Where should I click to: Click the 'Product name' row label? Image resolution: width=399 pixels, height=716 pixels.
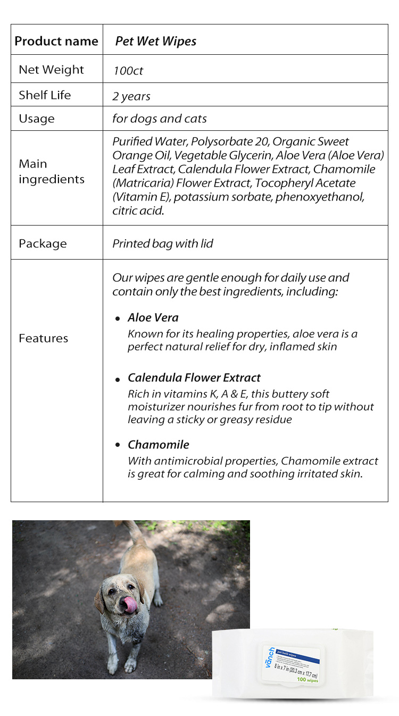click(x=56, y=41)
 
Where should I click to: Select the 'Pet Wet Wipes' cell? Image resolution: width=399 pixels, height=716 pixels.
click(x=155, y=41)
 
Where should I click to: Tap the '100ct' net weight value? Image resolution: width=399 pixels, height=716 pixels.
click(x=128, y=70)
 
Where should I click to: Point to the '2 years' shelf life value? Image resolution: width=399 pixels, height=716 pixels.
click(x=131, y=96)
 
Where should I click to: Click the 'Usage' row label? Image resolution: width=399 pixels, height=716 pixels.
click(x=36, y=119)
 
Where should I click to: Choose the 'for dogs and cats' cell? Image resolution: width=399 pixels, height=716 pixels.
click(x=160, y=119)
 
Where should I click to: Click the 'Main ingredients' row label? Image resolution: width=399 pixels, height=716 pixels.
click(x=51, y=171)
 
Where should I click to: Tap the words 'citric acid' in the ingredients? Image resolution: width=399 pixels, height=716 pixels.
click(x=138, y=211)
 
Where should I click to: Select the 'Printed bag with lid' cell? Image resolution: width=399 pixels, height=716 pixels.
click(x=163, y=244)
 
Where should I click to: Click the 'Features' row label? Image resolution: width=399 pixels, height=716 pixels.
click(x=43, y=338)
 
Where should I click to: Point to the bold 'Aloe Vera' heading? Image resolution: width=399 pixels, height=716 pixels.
click(x=153, y=318)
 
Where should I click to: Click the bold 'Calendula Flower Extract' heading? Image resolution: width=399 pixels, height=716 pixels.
click(x=194, y=378)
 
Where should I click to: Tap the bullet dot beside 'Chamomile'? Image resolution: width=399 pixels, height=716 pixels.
click(x=118, y=445)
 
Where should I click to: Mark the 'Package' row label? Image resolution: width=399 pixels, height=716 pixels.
click(x=43, y=244)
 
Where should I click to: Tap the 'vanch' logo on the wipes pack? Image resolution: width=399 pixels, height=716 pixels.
click(x=271, y=657)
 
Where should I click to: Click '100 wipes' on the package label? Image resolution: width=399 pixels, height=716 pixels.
click(x=308, y=679)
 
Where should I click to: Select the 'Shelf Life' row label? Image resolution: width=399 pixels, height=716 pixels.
click(x=45, y=95)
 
